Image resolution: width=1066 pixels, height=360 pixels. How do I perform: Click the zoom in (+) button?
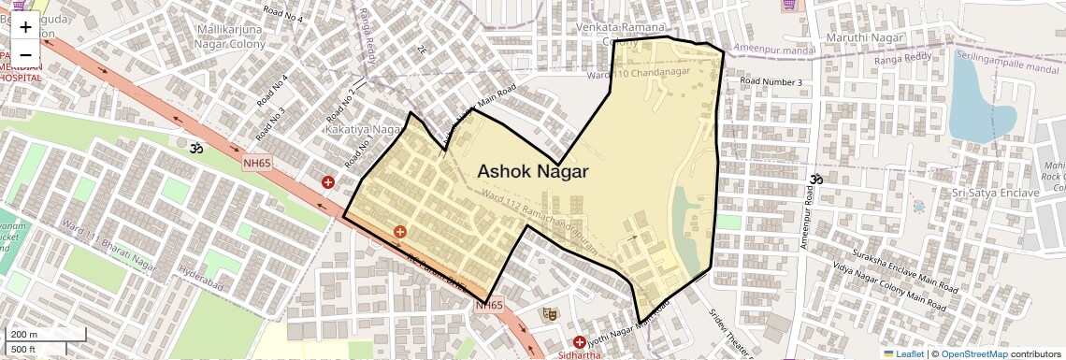25,27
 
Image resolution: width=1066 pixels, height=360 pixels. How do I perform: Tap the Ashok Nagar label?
532,171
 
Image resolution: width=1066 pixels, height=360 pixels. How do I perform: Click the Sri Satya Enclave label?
994,193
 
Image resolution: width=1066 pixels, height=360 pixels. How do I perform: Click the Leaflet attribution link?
903,354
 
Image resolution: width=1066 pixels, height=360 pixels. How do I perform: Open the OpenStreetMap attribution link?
973,354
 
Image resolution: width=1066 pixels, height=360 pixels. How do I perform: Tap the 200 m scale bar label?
24,335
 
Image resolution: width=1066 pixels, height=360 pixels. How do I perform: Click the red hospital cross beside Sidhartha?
580,343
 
